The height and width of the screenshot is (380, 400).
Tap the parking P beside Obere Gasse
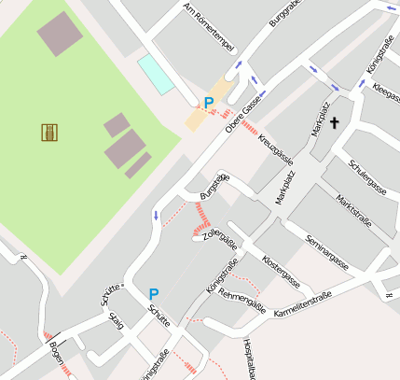209,103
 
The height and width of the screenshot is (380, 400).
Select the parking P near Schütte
154,294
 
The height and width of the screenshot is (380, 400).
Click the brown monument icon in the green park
49,133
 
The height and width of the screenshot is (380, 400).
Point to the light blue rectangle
156,74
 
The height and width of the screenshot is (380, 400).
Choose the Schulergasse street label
367,175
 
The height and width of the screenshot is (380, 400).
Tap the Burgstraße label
214,187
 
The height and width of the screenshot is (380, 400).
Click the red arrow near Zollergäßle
200,229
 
